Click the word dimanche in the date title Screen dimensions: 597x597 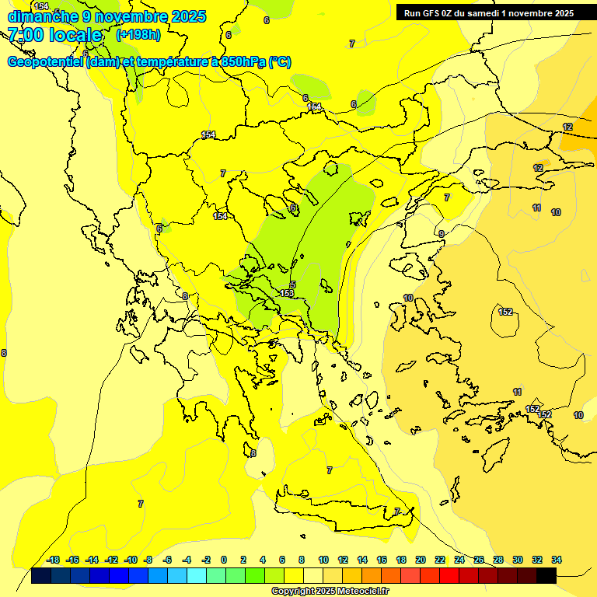tap(40, 16)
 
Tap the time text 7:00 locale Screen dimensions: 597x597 tap(55, 35)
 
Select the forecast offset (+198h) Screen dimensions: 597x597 tap(138, 35)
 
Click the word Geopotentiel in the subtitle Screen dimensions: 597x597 tap(46, 62)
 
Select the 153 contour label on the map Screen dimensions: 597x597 tap(288, 293)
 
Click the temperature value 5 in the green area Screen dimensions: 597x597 tap(293, 285)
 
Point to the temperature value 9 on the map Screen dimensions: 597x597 tap(442, 234)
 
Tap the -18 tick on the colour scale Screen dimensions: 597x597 tap(54, 560)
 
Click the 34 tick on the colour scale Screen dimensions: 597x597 tap(557, 560)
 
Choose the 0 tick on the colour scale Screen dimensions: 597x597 tap(224, 560)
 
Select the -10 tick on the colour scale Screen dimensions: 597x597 tap(131, 560)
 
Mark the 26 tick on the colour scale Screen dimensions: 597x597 tap(479, 560)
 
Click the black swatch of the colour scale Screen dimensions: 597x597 tap(546, 576)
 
